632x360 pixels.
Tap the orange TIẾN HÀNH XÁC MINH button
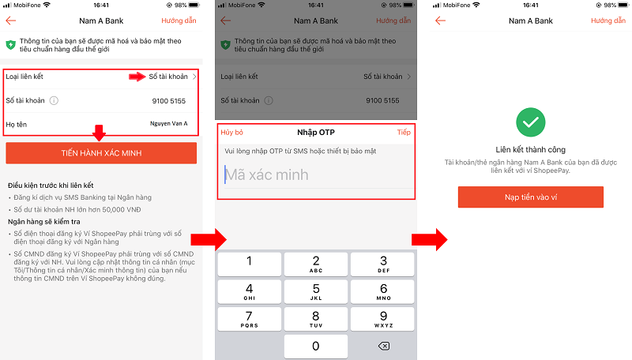click(101, 153)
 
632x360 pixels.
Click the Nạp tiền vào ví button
click(530, 197)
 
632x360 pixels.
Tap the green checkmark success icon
click(530, 122)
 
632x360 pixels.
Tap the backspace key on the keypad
click(384, 346)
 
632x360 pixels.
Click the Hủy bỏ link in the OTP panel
click(231, 132)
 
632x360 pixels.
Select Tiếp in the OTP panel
click(404, 132)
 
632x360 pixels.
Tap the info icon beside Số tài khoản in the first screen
click(54, 101)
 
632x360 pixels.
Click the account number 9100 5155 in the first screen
click(169, 101)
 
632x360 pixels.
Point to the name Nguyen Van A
click(169, 124)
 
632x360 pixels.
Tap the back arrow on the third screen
click(441, 21)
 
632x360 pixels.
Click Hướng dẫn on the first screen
click(179, 21)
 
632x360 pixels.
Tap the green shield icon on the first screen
click(11, 45)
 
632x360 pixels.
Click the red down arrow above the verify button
click(99, 133)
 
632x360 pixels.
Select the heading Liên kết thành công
click(530, 150)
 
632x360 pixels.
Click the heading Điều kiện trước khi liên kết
click(51, 186)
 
